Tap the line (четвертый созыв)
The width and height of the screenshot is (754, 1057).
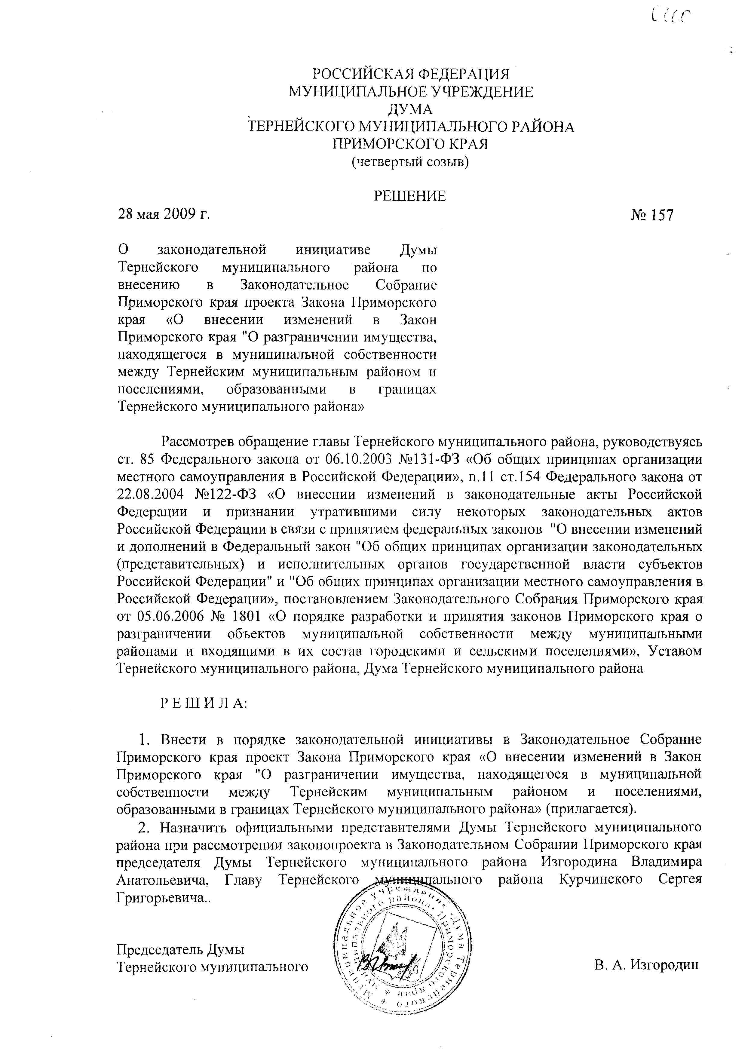(410, 162)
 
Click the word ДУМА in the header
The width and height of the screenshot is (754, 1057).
(410, 109)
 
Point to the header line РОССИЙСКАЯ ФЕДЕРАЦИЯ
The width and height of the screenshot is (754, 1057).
(411, 74)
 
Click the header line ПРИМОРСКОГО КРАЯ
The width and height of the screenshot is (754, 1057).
(410, 144)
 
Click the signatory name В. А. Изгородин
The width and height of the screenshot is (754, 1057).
(647, 966)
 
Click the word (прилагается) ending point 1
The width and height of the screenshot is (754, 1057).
(590, 808)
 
